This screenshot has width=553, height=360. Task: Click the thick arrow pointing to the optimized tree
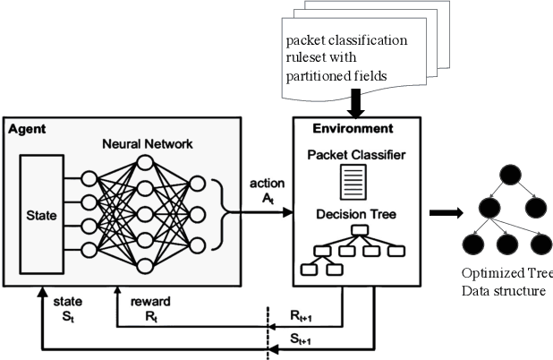445,213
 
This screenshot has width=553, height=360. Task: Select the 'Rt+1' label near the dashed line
299,315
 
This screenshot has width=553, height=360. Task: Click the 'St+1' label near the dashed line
299,339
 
